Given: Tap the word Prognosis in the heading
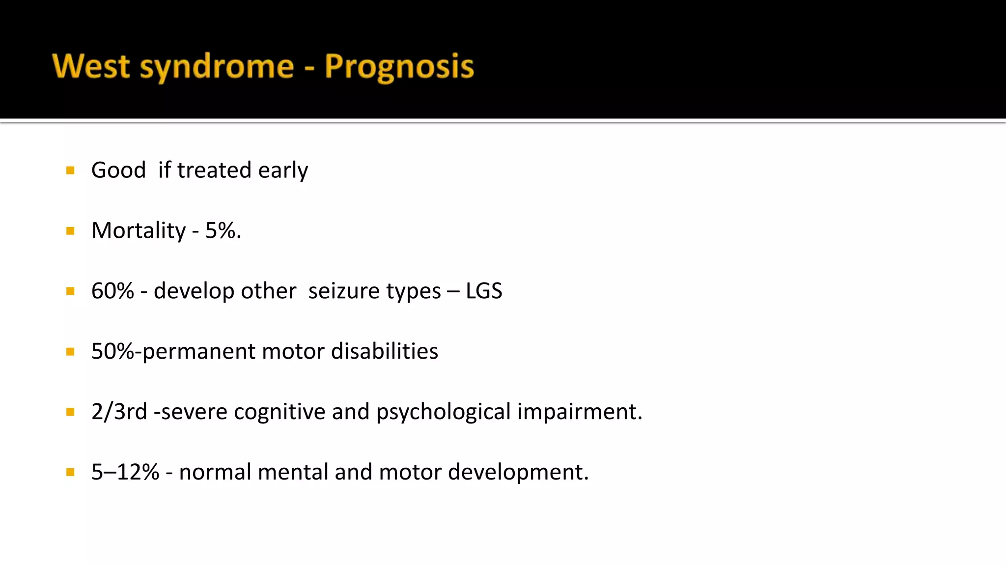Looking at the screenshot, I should pos(399,66).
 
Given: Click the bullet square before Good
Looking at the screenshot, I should pos(70,170).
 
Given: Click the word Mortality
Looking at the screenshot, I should pos(139,231).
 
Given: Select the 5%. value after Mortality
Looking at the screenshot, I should pos(223,231).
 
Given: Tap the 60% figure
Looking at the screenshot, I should pos(112,291).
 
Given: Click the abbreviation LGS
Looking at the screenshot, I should pos(484,291).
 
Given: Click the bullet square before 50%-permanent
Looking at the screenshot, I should pos(70,352).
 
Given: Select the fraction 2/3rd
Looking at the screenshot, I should pos(119,412).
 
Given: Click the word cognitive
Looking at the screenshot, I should pos(279,412).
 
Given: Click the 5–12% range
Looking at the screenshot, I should pos(125,472).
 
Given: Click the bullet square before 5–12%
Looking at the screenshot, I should pos(70,473).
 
